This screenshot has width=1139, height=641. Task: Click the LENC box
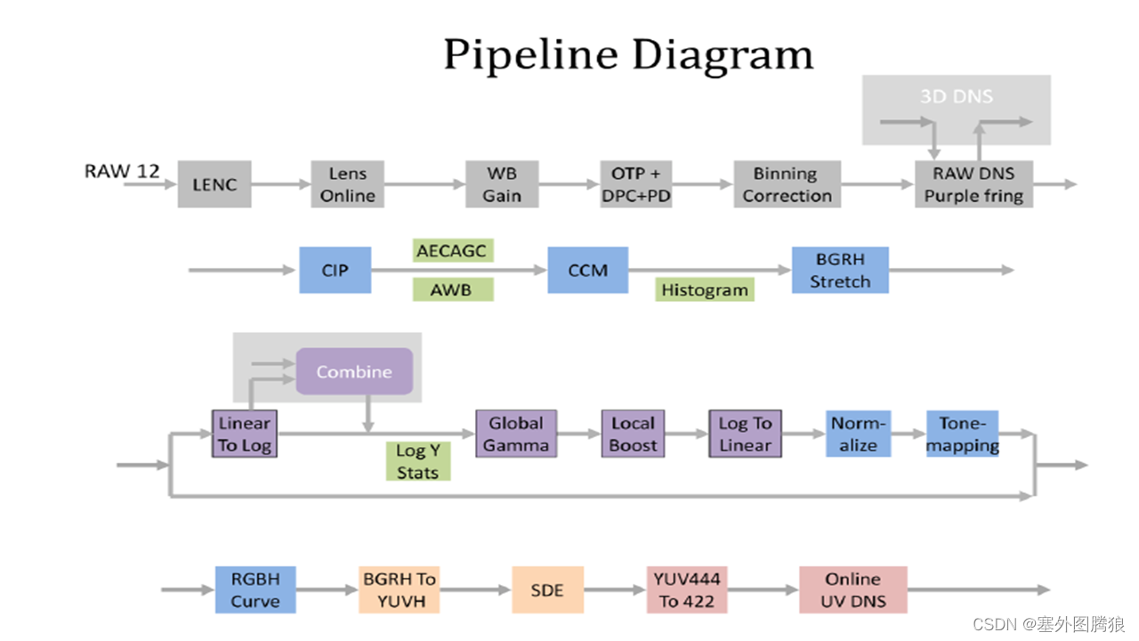click(214, 184)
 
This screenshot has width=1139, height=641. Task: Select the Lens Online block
click(347, 184)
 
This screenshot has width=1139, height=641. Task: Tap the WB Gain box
click(502, 184)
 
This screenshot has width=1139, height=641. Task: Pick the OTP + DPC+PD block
click(635, 184)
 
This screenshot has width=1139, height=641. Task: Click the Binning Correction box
click(787, 184)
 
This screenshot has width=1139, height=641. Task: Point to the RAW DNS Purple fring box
click(973, 184)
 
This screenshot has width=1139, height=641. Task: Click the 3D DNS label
click(956, 96)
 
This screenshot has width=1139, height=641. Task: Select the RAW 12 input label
click(122, 171)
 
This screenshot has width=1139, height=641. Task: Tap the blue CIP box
click(335, 270)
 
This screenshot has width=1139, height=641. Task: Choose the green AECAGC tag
click(453, 250)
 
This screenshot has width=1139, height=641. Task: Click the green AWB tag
click(453, 289)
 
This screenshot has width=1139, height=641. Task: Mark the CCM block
click(587, 270)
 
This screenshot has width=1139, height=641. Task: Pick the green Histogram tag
click(705, 289)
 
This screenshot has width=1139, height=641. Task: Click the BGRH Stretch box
click(840, 270)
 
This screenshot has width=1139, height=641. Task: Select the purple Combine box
click(354, 371)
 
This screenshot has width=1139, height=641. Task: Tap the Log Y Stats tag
click(418, 461)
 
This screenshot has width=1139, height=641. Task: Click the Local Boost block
click(633, 434)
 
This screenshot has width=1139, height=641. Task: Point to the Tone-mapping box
click(962, 434)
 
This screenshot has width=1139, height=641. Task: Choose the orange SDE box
click(547, 589)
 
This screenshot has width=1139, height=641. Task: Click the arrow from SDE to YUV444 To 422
click(615, 589)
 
